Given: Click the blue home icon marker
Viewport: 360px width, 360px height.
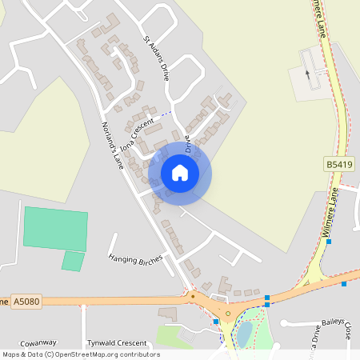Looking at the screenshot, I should click(180, 172).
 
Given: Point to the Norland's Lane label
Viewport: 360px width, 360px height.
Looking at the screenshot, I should click(113, 143).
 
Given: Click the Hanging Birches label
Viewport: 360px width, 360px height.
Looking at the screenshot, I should click(135, 258).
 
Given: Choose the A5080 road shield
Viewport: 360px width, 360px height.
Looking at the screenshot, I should click(26, 301).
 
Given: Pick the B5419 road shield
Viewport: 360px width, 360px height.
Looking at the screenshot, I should click(338, 164).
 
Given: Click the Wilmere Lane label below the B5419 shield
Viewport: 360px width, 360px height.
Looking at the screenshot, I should click(331, 211).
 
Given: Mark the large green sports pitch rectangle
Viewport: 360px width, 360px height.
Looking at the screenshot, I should click(55, 227).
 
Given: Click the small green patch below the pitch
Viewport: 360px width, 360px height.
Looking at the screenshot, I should click(73, 261).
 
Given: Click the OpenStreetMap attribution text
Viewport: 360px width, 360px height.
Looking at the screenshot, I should click(81, 354).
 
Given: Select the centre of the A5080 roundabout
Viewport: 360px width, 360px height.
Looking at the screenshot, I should click(227, 314).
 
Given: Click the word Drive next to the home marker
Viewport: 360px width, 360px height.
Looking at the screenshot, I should click(189, 145).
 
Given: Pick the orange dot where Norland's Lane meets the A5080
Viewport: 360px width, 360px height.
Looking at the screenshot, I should click(192, 294).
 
